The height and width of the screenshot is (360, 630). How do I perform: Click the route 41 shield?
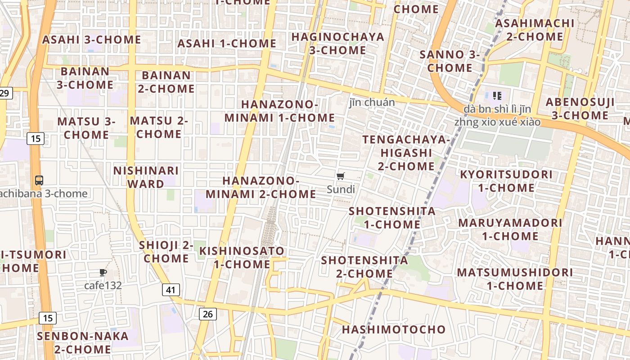click(x=171, y=290)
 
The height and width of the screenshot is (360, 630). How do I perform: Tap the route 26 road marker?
click(x=207, y=314)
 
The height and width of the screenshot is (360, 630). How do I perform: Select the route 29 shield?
click(x=4, y=93)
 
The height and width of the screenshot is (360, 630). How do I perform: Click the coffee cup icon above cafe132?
click(x=103, y=272)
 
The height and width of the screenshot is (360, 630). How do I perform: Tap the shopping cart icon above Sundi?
click(x=341, y=176)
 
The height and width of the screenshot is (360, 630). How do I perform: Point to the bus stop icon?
click(x=39, y=180)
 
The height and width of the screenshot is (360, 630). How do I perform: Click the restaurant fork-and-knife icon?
click(x=497, y=95)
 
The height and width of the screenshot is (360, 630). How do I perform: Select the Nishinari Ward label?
click(x=146, y=177)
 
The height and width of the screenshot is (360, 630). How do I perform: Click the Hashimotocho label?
click(x=394, y=329)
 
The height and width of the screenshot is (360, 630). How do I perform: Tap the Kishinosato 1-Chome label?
click(x=242, y=257)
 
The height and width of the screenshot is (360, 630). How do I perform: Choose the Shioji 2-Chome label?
click(x=166, y=252)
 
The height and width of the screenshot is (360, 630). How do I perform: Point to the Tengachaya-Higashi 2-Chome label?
click(x=406, y=153)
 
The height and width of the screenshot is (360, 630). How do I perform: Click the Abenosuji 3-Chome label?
click(x=580, y=108)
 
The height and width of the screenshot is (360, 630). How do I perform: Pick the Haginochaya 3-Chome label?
click(x=337, y=43)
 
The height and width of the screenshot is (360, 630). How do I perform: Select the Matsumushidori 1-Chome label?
click(x=515, y=279)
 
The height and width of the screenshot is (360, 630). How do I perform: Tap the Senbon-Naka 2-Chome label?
click(x=83, y=342)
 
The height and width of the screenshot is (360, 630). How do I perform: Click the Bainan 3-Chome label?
click(x=85, y=78)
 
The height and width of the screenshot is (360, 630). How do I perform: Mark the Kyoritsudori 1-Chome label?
click(x=506, y=181)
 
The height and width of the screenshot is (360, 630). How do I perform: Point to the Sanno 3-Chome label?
click(x=450, y=61)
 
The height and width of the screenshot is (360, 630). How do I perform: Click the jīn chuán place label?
click(x=372, y=103)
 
